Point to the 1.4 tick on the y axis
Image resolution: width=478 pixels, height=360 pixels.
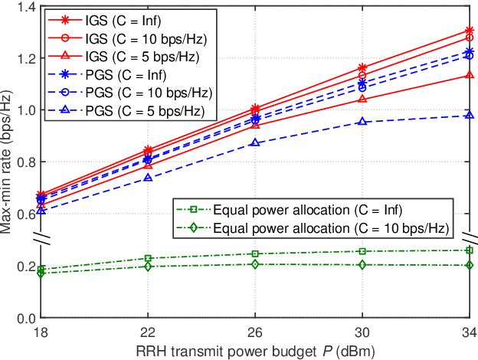pyautogui.click(x=25, y=8)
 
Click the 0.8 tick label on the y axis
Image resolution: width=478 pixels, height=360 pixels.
pyautogui.click(x=25, y=162)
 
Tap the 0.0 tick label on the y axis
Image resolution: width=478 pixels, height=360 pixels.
pyautogui.click(x=25, y=318)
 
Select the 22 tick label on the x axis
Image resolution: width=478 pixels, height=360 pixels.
pyautogui.click(x=148, y=332)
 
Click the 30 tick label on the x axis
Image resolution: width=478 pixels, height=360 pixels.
pyautogui.click(x=362, y=332)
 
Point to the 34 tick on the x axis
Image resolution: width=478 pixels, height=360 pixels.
pyautogui.click(x=467, y=332)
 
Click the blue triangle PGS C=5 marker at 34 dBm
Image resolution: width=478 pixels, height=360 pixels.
pyautogui.click(x=469, y=116)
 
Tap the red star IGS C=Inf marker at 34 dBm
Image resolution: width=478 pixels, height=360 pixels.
pyautogui.click(x=469, y=31)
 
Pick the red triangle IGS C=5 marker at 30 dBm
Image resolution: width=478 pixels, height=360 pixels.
pyautogui.click(x=362, y=99)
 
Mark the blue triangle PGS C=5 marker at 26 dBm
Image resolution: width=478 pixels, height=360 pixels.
pyautogui.click(x=255, y=143)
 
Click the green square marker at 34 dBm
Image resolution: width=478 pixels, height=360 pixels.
pyautogui.click(x=469, y=250)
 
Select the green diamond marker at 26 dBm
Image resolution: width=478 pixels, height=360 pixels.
pyautogui.click(x=255, y=264)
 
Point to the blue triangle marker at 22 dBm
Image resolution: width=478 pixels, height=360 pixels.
pyautogui.click(x=148, y=178)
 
